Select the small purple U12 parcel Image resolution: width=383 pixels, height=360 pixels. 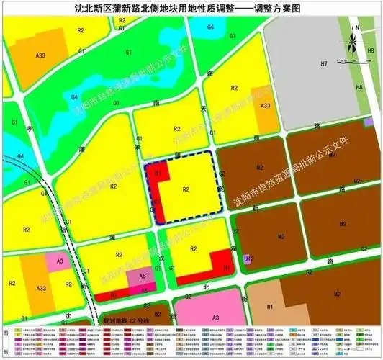coord(248,258)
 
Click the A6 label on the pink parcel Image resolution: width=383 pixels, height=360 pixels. coord(143,276)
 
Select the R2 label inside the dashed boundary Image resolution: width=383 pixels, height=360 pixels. coord(186,189)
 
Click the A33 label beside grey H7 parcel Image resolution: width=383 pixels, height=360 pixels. coord(266,106)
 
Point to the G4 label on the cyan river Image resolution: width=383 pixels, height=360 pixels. coord(211,27)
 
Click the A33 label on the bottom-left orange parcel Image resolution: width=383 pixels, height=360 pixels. coord(41,288)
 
